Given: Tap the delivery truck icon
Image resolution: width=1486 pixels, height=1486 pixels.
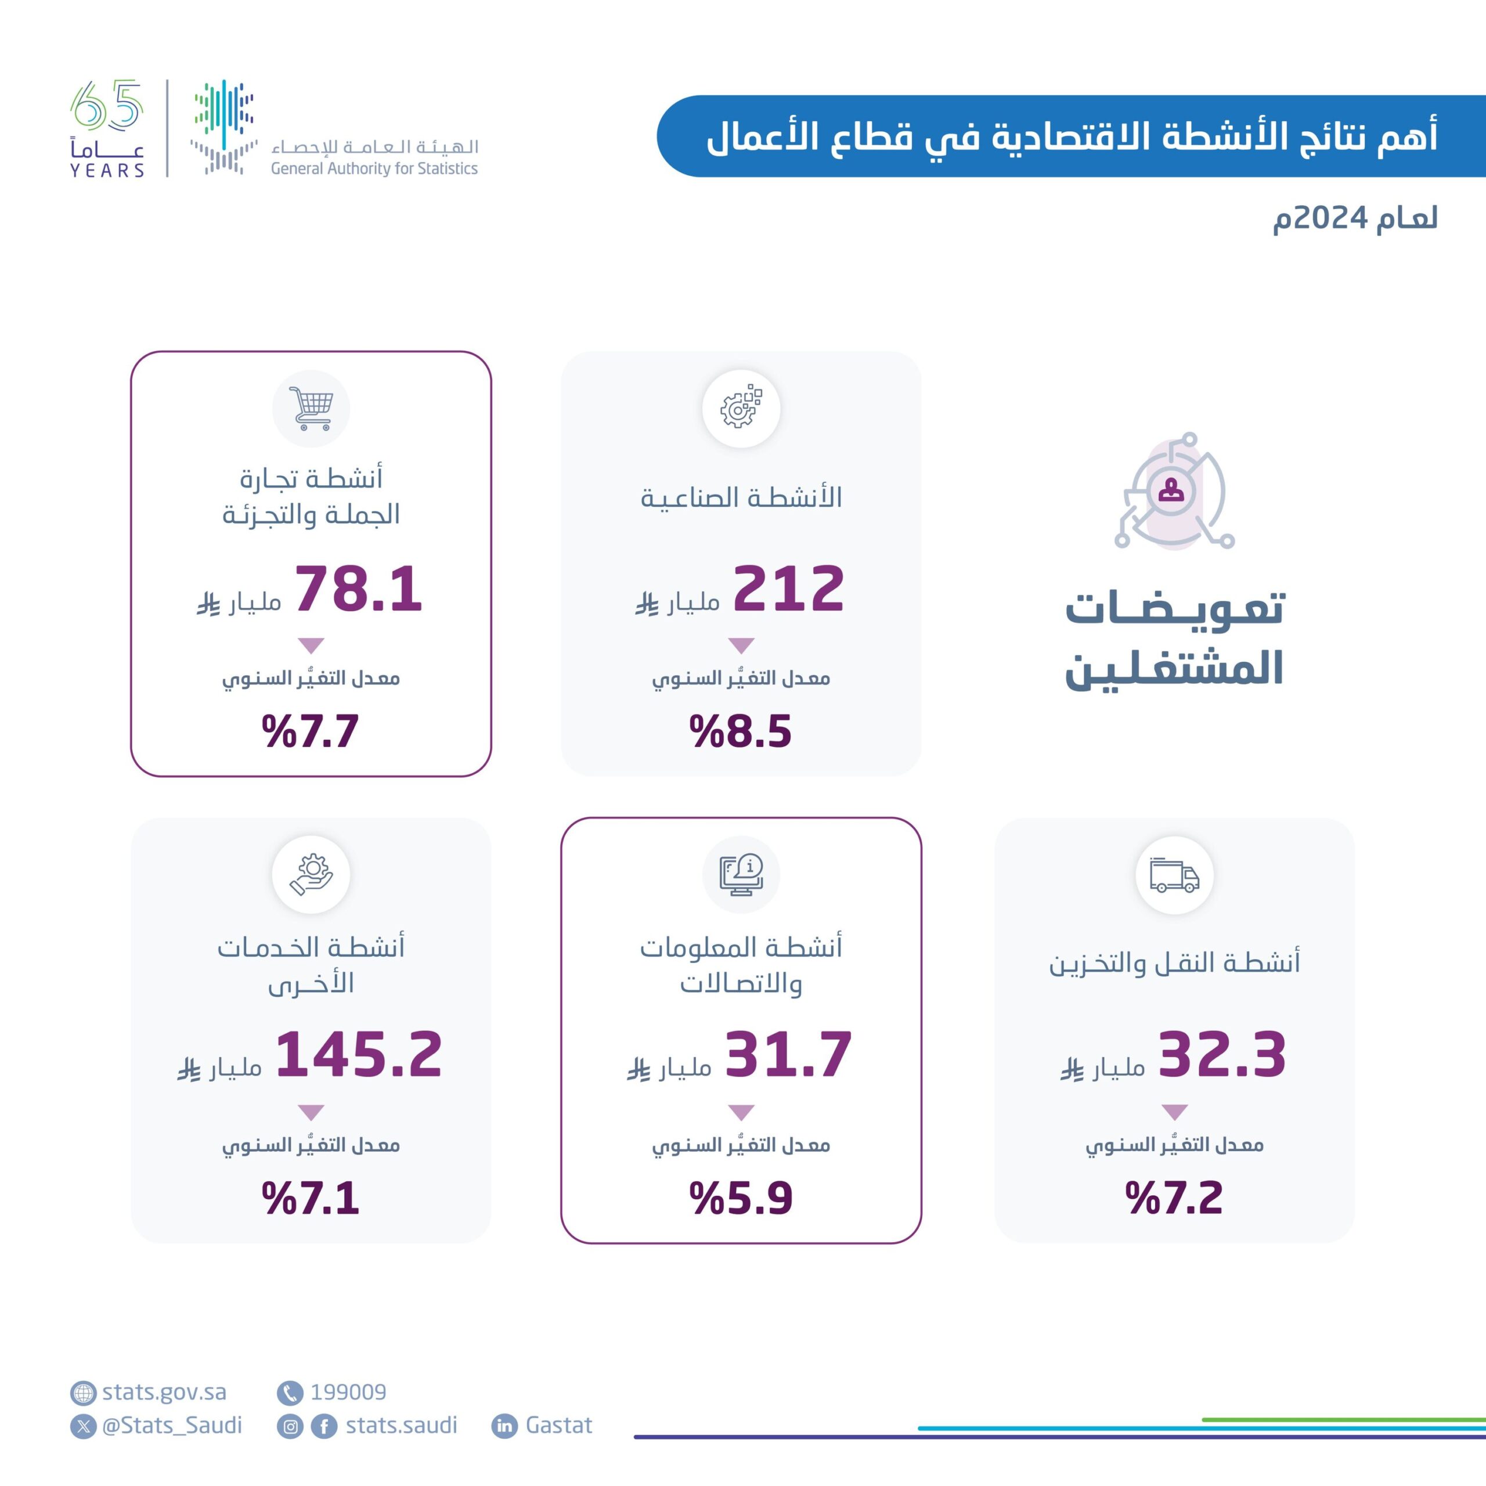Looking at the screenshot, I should pyautogui.click(x=1174, y=875).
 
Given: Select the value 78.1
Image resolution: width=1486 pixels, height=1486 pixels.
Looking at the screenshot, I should pyautogui.click(x=358, y=589).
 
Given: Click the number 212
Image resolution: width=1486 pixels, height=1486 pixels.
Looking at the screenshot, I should pyautogui.click(x=788, y=589).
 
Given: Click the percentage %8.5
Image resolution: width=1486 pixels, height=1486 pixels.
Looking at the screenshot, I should pyautogui.click(x=740, y=731).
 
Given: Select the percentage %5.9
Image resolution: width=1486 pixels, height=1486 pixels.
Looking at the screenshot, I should pyautogui.click(x=740, y=1198).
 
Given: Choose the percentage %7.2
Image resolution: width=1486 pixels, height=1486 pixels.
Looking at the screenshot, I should pyautogui.click(x=1174, y=1198).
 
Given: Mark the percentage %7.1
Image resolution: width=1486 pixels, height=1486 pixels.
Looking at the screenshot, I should pyautogui.click(x=311, y=1198).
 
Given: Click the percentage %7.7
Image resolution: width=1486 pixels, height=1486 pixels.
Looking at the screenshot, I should pyautogui.click(x=311, y=731).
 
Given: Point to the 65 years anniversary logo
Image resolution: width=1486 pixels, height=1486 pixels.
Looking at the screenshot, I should pyautogui.click(x=107, y=128).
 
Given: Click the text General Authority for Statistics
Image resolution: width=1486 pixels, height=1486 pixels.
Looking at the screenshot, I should pyautogui.click(x=374, y=168).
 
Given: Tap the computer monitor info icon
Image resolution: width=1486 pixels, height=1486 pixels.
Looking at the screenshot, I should pyautogui.click(x=741, y=875).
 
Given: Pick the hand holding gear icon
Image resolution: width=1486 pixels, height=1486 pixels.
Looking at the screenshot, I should pyautogui.click(x=311, y=875).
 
